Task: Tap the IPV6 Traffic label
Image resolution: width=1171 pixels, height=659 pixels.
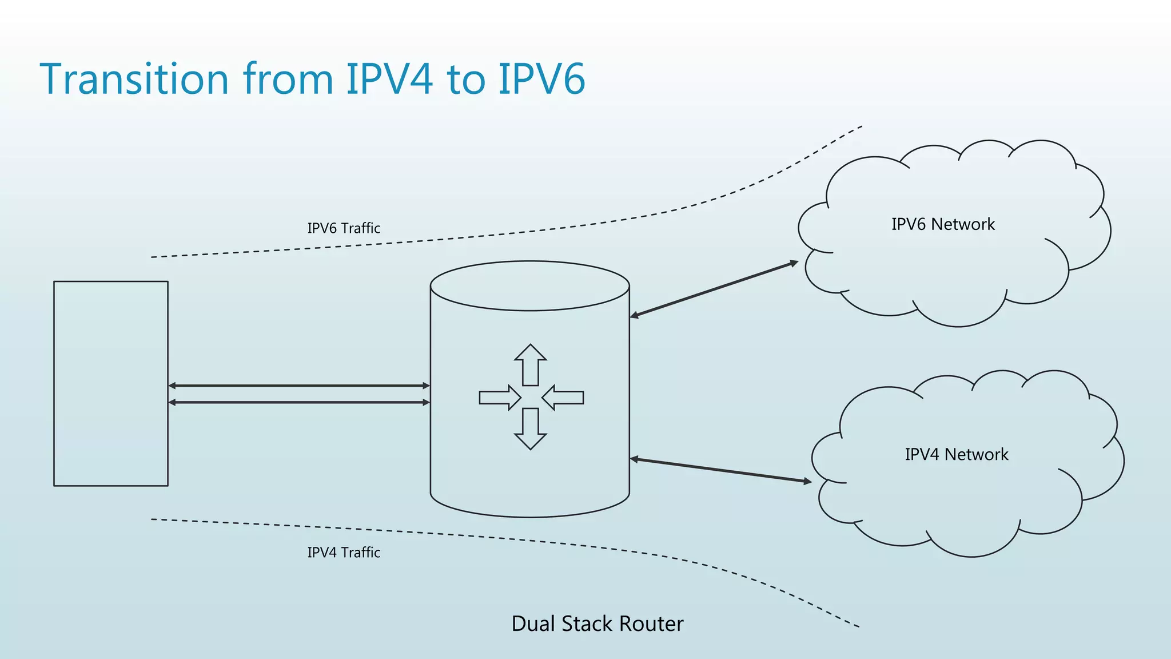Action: pyautogui.click(x=344, y=228)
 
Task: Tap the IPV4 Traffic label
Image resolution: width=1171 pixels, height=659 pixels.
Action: pyautogui.click(x=344, y=553)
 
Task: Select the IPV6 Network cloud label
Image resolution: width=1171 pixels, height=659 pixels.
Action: pyautogui.click(x=943, y=224)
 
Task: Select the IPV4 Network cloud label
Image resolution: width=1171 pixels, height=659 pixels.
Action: pyautogui.click(x=956, y=454)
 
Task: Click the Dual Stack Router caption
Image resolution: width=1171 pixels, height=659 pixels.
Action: pyautogui.click(x=597, y=624)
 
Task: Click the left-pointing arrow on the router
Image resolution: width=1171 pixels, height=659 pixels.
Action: pyautogui.click(x=563, y=398)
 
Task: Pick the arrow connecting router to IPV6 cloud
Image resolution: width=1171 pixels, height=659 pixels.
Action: pyautogui.click(x=714, y=289)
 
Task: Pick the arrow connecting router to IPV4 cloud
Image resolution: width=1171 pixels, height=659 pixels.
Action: pyautogui.click(x=720, y=470)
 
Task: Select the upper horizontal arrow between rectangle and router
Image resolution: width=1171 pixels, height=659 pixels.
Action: pyautogui.click(x=299, y=386)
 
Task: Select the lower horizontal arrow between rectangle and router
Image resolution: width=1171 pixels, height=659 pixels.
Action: pyautogui.click(x=299, y=403)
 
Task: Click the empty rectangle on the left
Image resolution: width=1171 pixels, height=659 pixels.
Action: pyautogui.click(x=111, y=383)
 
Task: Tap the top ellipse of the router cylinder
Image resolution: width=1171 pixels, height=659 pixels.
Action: pyautogui.click(x=530, y=286)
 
